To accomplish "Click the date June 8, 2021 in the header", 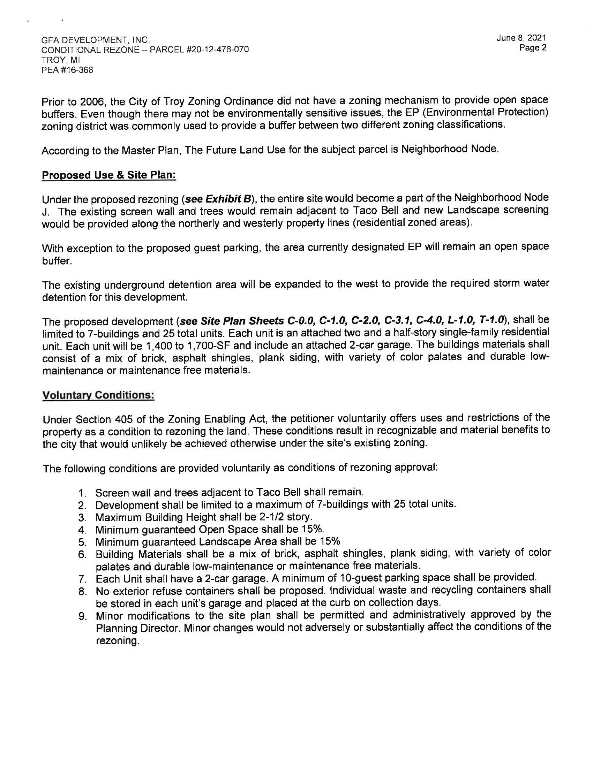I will click(x=521, y=38).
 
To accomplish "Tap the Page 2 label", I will click(x=533, y=48).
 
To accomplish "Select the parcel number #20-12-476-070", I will click(x=199, y=50).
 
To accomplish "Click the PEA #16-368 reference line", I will click(x=67, y=70).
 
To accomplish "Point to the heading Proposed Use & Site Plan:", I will click(x=108, y=175).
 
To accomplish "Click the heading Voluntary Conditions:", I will click(x=98, y=395).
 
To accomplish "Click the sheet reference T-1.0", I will click(x=492, y=320).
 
